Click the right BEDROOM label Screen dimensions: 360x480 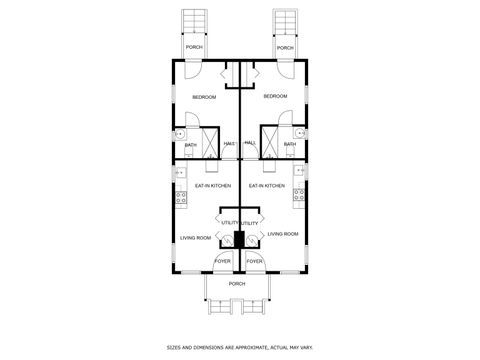point(275,96)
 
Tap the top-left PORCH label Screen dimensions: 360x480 point(194,48)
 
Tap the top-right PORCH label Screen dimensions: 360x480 point(285,48)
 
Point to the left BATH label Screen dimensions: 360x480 point(190,145)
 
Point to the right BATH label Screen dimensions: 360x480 point(289,145)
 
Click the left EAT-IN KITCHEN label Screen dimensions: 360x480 point(213,185)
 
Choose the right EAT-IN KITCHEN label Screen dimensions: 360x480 point(267,185)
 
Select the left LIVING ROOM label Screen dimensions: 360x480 point(196,237)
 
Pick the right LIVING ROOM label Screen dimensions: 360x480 point(283,234)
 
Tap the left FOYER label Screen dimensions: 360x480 point(221,262)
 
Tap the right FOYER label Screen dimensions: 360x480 point(255,262)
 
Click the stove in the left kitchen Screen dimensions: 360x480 point(181,197)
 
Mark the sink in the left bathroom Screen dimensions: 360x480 point(180,132)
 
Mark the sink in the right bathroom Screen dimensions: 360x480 point(300,132)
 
